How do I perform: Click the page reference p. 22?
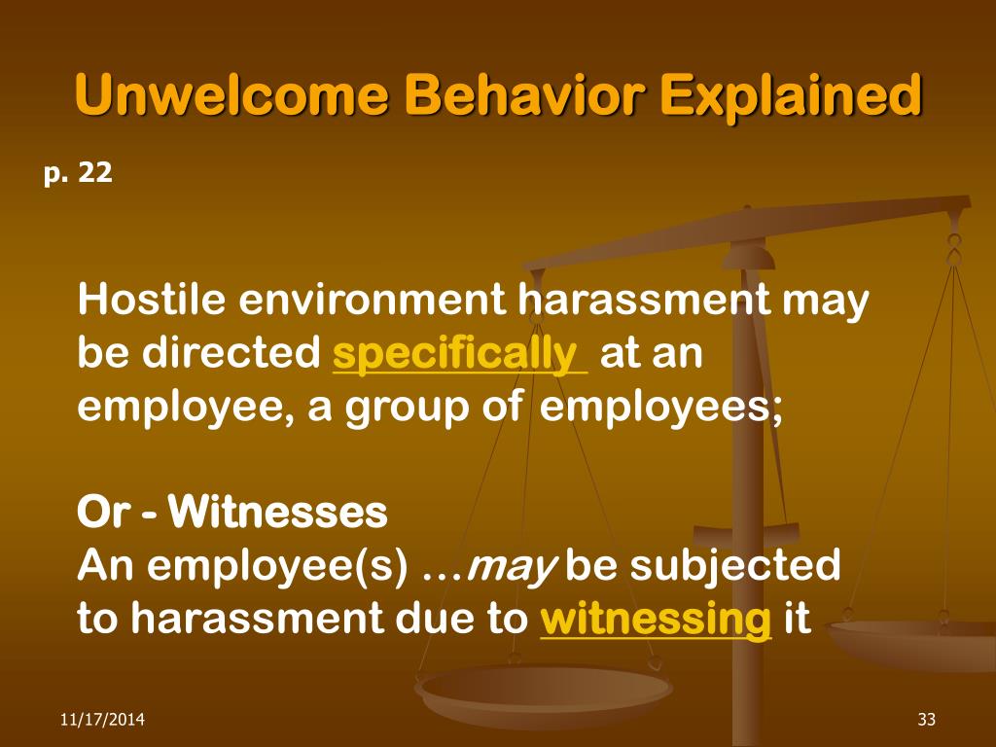click(x=78, y=174)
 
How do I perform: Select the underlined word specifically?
click(x=459, y=354)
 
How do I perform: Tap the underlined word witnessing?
click(x=656, y=620)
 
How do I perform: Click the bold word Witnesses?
click(x=278, y=514)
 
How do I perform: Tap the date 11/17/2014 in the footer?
click(x=103, y=720)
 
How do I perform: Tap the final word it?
click(x=797, y=620)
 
